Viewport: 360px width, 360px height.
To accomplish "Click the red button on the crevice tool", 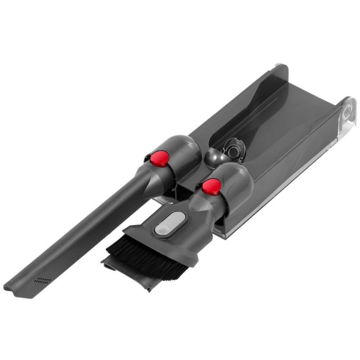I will click(160, 159).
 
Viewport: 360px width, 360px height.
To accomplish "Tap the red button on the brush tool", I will click(210, 187).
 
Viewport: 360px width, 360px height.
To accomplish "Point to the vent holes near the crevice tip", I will click(42, 280).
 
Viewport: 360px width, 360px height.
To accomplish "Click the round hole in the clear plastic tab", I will click(347, 111).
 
